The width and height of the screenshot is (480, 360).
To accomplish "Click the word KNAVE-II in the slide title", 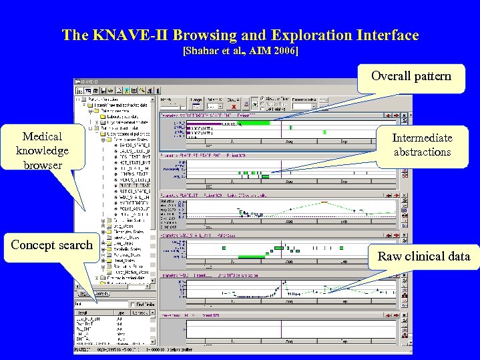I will pos(145,35).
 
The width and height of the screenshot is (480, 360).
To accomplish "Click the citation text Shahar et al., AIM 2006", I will pos(240,51).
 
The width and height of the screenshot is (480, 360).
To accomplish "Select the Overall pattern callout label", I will pos(411,75).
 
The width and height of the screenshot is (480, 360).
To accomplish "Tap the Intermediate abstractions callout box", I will pos(421,145).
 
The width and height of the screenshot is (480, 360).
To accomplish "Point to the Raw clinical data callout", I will pos(424,256).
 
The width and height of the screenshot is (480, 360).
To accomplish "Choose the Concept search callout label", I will pos(51,245).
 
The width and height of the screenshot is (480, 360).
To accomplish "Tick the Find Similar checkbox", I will pos(134,305).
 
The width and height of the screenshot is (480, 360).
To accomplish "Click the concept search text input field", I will pos(100,305).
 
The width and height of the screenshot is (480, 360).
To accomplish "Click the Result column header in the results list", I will pos(83,312).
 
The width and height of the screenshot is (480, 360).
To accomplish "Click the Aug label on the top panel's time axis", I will pos(288,142).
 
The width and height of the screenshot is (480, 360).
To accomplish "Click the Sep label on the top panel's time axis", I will pos(344,142).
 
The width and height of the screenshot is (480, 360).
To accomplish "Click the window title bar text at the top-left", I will pos(89,81).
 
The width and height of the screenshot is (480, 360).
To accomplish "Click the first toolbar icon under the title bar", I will pos(79,89).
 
